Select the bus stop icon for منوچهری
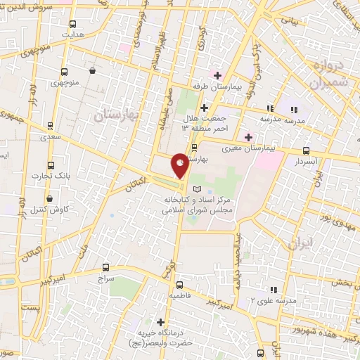pos(65,72)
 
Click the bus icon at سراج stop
pos(106,267)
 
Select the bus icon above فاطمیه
pos(180,285)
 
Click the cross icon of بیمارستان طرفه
pos(218,75)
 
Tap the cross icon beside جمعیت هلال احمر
pos(204,108)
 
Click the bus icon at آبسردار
pos(306,150)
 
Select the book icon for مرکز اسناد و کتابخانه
pos(196,188)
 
